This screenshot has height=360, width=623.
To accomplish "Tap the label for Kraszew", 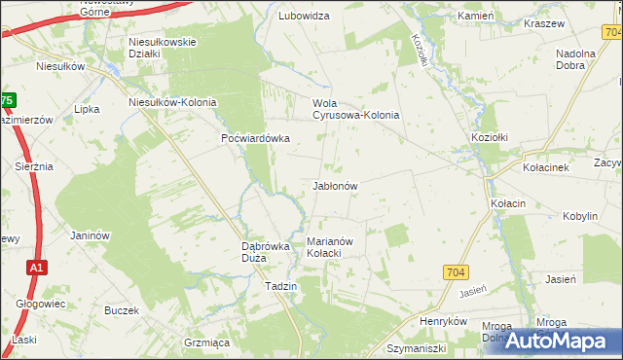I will pos(544,22).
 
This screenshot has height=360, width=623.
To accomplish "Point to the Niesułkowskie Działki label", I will pos(164,48).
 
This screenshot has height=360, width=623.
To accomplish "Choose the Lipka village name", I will pos(88,109).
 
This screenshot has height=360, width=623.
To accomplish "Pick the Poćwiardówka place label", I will pos(255,138).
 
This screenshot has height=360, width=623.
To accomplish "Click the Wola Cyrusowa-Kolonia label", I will pos(355,109).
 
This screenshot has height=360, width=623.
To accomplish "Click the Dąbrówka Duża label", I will pos(267,252).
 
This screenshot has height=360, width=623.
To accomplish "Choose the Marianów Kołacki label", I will pos(336,247).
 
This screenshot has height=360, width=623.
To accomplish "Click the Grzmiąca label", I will pos(206,342).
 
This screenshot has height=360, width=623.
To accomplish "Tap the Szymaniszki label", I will pos(415,347).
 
